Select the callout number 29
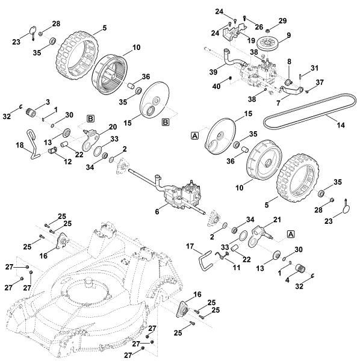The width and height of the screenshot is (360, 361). [x=283, y=22]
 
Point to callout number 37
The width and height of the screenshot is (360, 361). [x=320, y=83]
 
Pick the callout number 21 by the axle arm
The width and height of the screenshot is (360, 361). [x=278, y=220]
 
